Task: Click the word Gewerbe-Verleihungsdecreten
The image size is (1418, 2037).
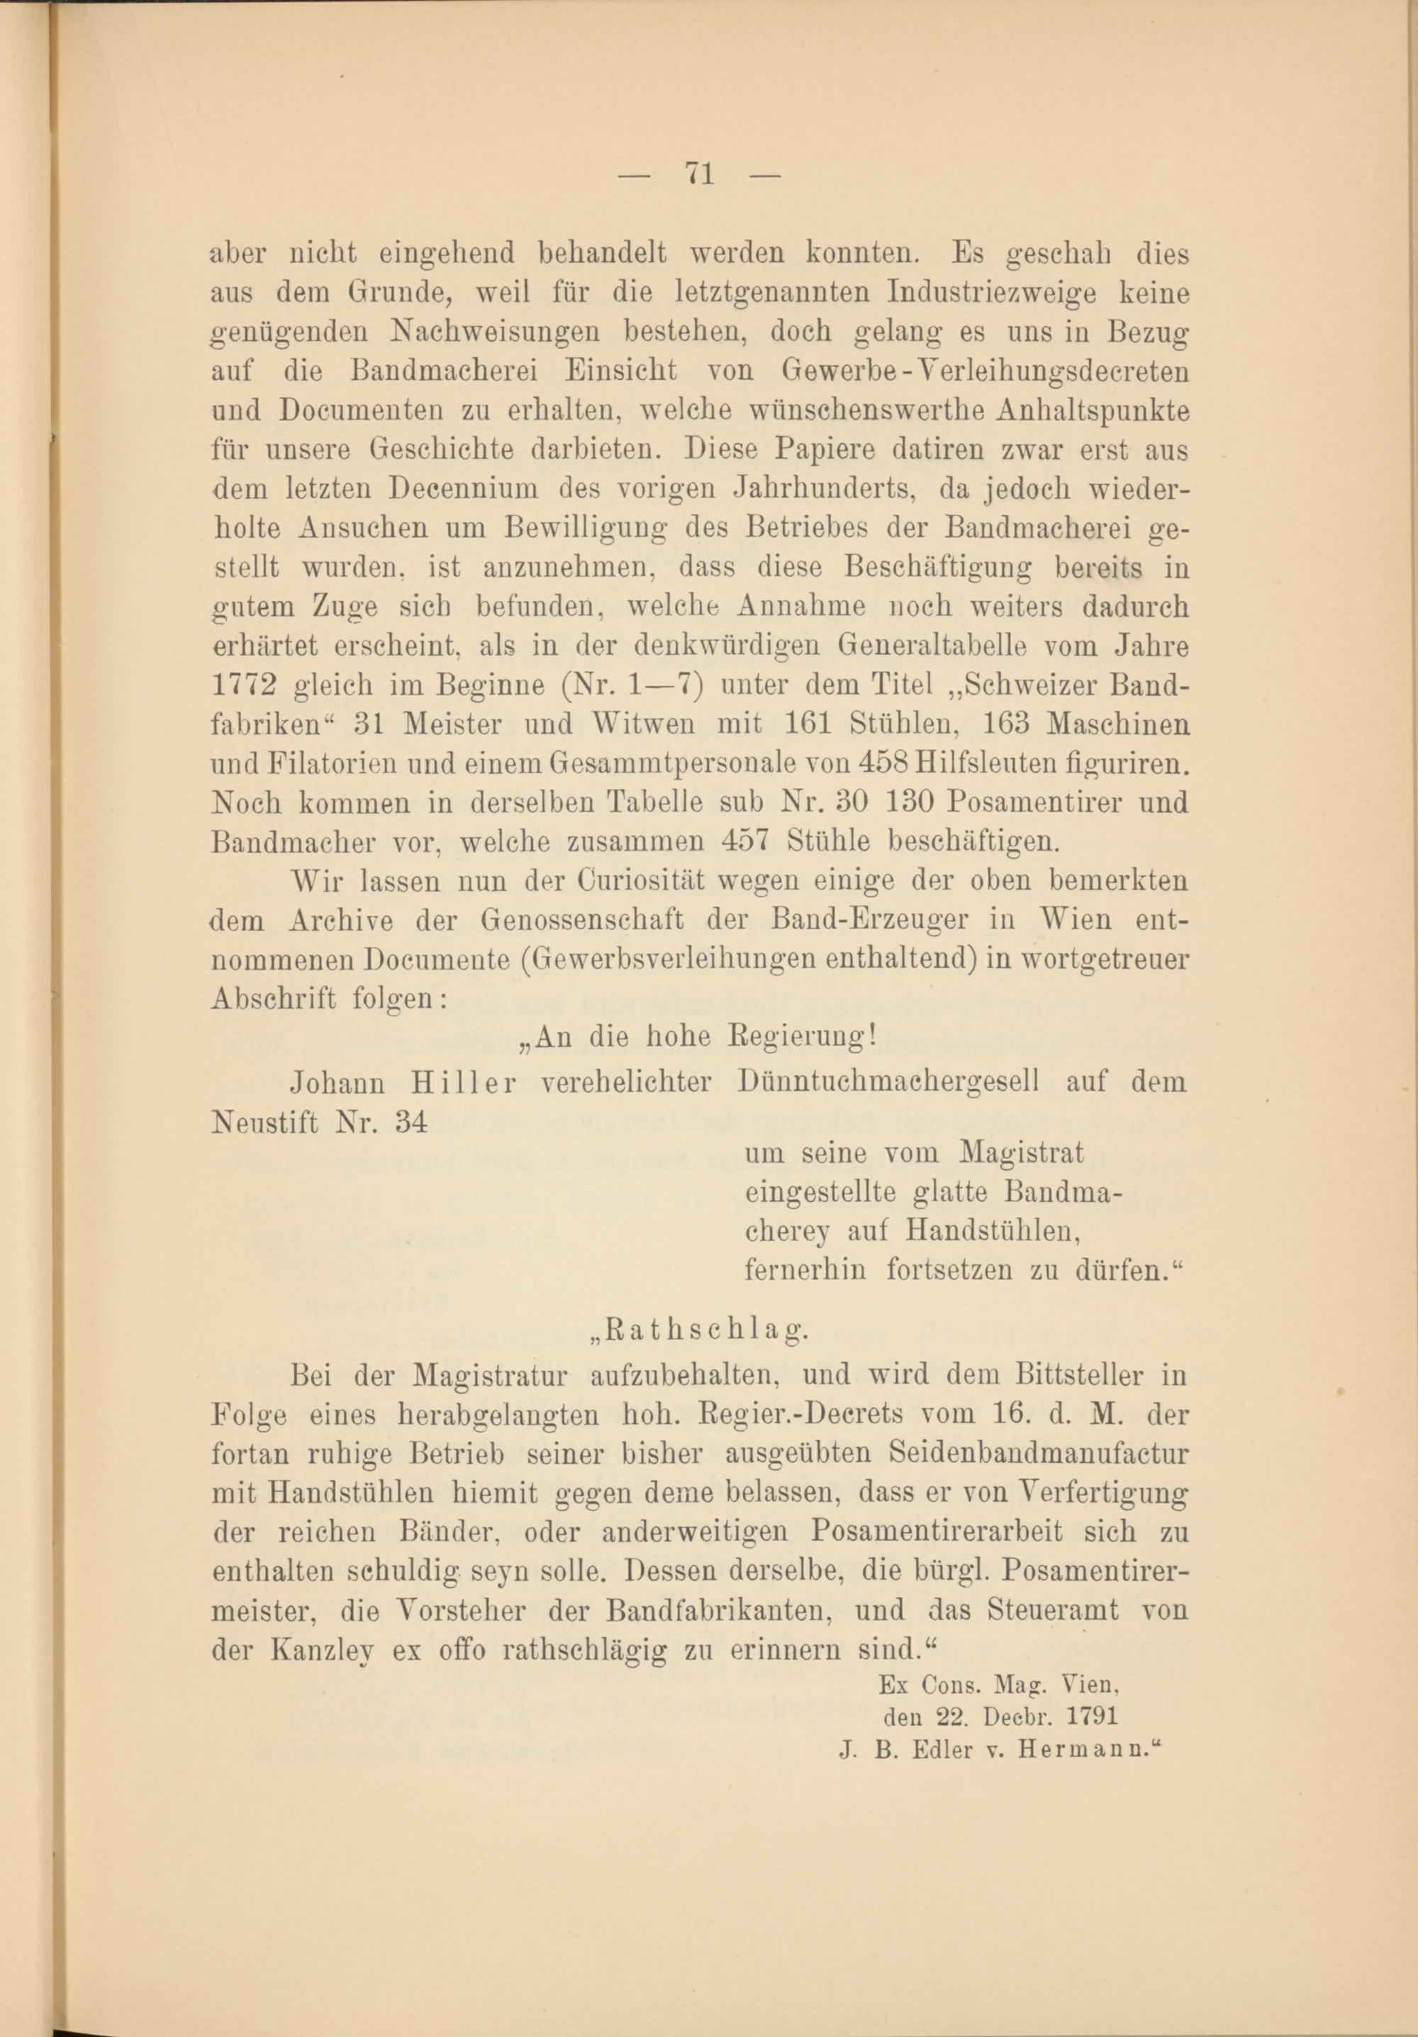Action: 985,369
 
